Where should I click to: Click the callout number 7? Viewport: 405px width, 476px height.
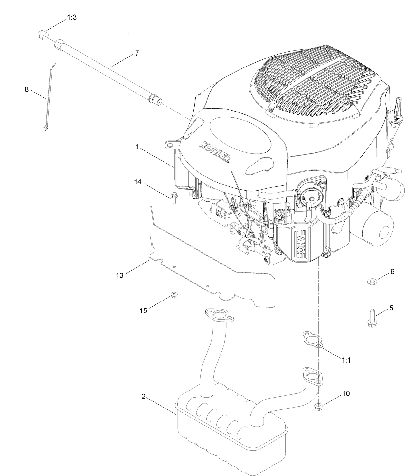pyautogui.click(x=137, y=53)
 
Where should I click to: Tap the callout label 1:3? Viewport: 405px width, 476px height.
pyautogui.click(x=72, y=17)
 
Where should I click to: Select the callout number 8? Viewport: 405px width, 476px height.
pyautogui.click(x=27, y=89)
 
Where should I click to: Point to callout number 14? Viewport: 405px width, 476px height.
pyautogui.click(x=138, y=182)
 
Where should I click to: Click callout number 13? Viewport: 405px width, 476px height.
pyautogui.click(x=120, y=275)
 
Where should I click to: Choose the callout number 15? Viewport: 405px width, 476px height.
pyautogui.click(x=143, y=310)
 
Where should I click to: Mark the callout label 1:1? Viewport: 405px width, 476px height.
pyautogui.click(x=346, y=360)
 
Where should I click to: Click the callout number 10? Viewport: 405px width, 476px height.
pyautogui.click(x=346, y=393)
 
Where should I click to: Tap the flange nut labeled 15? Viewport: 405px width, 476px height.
pyautogui.click(x=174, y=295)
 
